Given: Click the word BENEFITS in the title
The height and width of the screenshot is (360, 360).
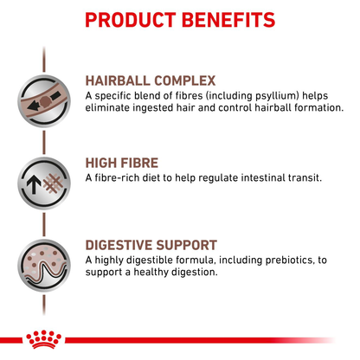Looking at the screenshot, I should (x=228, y=19).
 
